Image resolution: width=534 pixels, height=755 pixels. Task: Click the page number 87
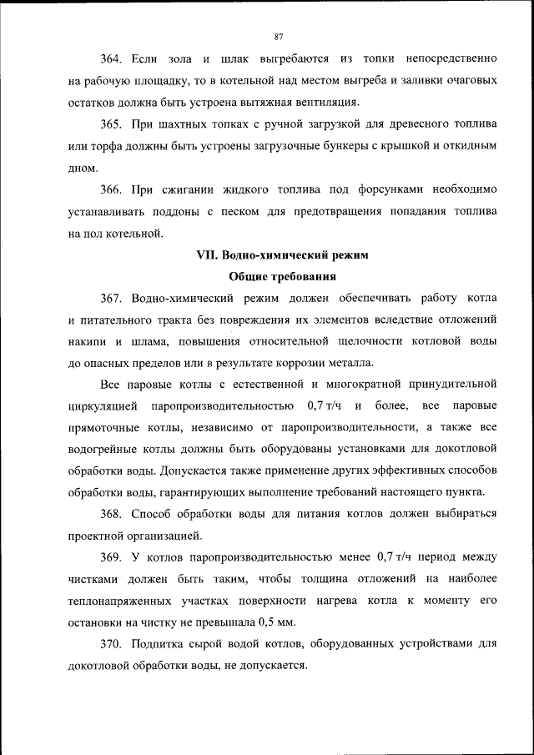click(x=279, y=36)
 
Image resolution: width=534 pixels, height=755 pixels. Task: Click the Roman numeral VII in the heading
click(x=206, y=254)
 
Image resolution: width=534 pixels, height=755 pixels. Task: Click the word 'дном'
click(x=82, y=168)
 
